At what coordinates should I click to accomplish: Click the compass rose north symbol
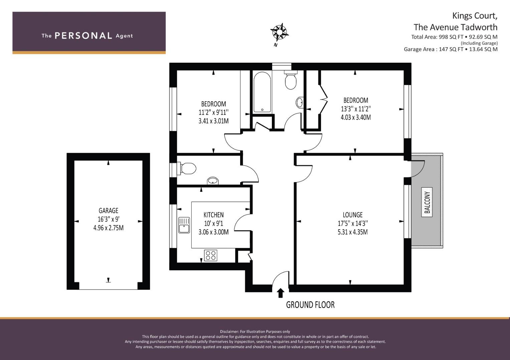point(279,32)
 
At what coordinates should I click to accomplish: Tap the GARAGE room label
point(108,211)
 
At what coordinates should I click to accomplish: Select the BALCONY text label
point(427,202)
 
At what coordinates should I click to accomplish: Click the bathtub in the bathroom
point(262,92)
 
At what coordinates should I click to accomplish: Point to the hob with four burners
point(210,255)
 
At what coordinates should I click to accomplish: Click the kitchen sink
point(184,225)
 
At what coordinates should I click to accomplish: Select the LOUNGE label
point(352,215)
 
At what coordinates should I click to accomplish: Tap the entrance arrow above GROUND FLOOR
point(281,293)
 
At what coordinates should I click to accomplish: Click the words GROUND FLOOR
point(310,304)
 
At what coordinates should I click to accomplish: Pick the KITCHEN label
point(213,215)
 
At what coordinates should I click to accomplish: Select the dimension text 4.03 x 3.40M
point(355,117)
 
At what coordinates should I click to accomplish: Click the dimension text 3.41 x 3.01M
point(213,121)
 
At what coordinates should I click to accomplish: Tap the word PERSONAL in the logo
point(83,36)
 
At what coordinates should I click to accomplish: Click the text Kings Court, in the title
point(475,16)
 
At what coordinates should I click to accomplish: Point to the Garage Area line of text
point(450,49)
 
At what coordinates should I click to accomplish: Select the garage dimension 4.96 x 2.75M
point(108,228)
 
